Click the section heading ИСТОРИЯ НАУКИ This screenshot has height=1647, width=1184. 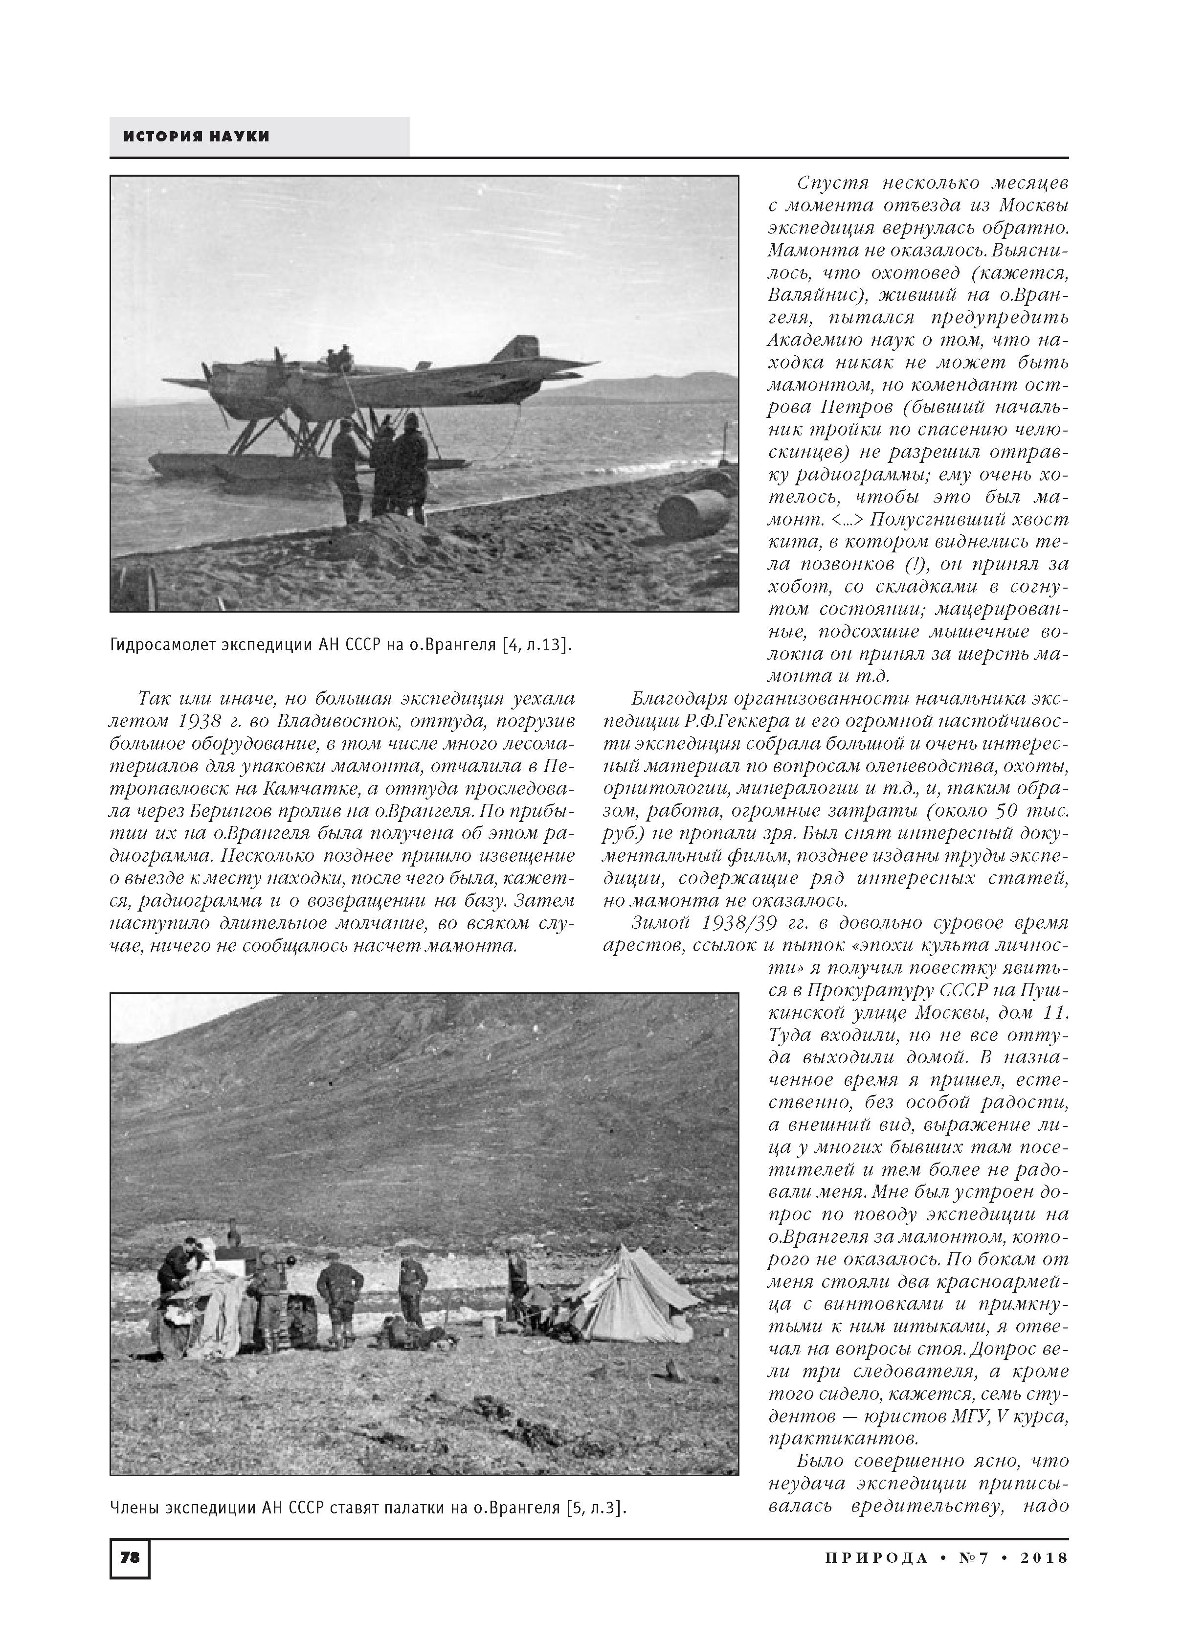196,137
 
